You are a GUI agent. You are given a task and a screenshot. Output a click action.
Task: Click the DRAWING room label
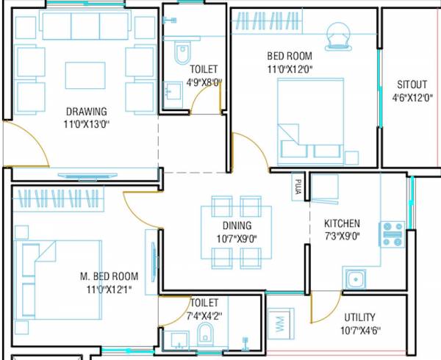(x=87, y=112)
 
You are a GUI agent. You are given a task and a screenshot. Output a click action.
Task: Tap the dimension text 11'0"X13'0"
(x=87, y=124)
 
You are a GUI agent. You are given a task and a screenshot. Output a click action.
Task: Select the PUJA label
(x=298, y=184)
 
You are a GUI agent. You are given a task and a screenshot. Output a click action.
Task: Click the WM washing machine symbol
(x=279, y=325)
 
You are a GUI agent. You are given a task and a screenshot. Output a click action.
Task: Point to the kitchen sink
(x=355, y=280)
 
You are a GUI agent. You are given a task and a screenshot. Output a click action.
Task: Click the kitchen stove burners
(x=391, y=234)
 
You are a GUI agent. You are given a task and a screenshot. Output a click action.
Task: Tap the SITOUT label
(x=412, y=84)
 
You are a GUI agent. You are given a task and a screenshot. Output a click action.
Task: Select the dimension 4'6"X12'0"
(x=412, y=96)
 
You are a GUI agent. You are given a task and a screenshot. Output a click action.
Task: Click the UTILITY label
(x=359, y=317)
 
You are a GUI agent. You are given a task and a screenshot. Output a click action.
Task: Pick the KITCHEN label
(x=342, y=223)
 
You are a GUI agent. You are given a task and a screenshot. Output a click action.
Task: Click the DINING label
(x=237, y=226)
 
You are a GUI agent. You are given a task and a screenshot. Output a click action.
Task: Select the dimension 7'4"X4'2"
(x=205, y=315)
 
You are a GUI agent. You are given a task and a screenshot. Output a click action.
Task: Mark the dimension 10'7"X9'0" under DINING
(x=237, y=238)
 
